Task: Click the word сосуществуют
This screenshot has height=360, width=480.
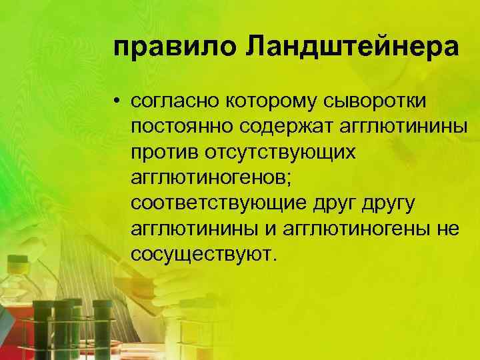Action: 202,254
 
